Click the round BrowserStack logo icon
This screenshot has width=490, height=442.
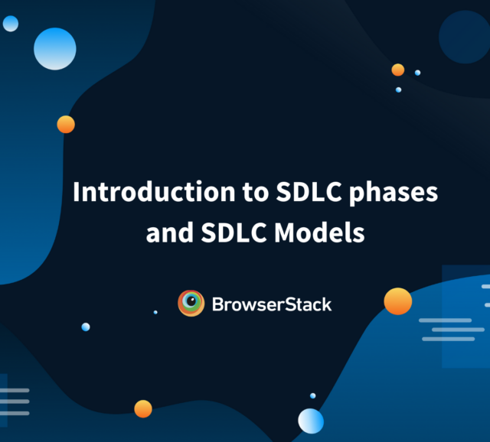point(191,304)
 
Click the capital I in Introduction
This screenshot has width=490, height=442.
point(76,192)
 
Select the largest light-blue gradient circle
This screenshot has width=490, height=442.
point(55,48)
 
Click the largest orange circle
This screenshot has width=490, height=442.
point(397,301)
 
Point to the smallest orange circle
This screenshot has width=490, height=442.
point(397,70)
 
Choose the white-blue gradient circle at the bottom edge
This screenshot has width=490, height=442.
point(311,421)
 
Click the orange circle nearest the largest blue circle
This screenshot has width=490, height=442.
point(66,124)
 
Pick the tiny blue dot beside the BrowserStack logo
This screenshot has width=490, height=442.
point(155,312)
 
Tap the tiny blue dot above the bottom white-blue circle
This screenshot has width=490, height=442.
point(312,395)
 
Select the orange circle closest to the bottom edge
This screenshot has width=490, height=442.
point(143,408)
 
